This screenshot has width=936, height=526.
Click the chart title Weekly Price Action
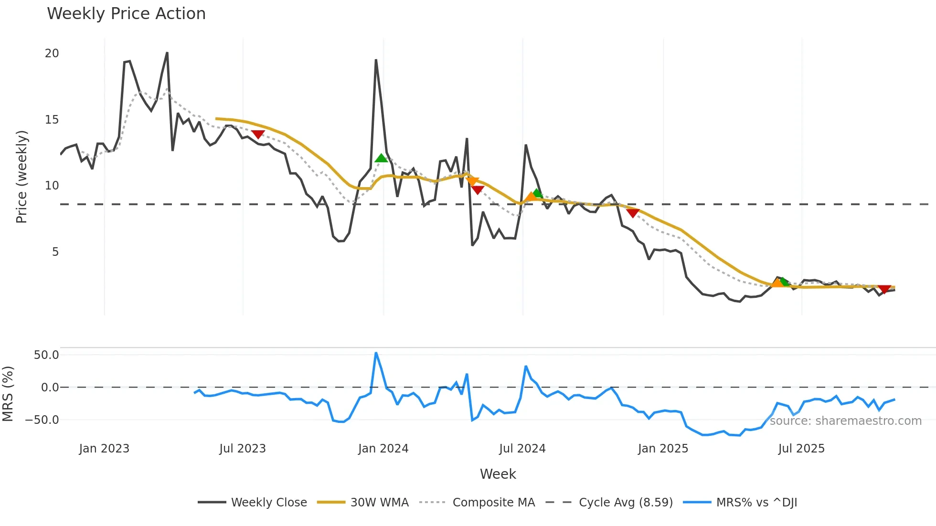[x=126, y=14]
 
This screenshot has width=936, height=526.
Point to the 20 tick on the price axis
[x=52, y=53]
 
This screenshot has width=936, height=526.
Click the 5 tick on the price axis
[x=55, y=252]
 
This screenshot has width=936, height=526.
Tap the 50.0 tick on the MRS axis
[x=46, y=355]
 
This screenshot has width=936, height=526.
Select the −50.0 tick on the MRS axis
[x=43, y=420]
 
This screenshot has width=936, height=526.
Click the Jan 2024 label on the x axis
[x=383, y=449]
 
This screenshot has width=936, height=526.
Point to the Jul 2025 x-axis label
[x=801, y=449]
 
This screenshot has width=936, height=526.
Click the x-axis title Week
[x=498, y=474]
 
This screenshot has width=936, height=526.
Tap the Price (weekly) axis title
[x=22, y=177]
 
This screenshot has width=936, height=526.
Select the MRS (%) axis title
[x=8, y=394]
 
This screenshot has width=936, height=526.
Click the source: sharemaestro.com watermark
[x=845, y=421]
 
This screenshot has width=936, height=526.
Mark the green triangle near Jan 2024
[x=381, y=158]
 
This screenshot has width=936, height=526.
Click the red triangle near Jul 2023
[x=258, y=135]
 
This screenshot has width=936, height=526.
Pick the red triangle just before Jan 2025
[x=633, y=213]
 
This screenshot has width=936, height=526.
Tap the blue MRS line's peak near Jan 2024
[x=376, y=353]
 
